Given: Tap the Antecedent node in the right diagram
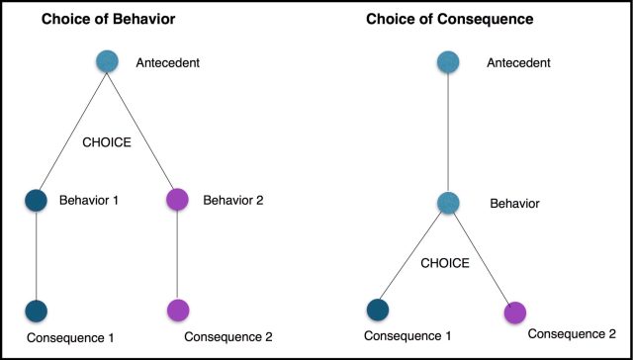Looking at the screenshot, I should point(448,62).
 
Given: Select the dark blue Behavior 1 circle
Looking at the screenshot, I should point(37,201).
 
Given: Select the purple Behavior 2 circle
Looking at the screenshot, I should point(178,201).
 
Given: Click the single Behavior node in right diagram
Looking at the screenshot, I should point(448,204).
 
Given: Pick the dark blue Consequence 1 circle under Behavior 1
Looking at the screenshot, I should point(37,311).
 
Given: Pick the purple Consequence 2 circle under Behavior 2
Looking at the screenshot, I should point(178,311).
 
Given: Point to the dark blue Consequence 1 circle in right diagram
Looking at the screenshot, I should point(379,311).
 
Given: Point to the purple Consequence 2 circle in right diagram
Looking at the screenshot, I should point(515,313).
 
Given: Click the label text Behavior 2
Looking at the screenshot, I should point(233,201).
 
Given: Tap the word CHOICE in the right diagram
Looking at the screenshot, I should point(448,264).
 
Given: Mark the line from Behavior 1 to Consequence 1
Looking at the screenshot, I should point(37,255).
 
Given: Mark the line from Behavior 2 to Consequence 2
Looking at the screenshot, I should point(178,255).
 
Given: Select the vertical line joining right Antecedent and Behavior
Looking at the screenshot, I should point(448,134).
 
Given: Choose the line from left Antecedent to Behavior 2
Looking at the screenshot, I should point(143,132).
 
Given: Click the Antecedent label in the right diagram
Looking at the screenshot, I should point(517,63).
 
